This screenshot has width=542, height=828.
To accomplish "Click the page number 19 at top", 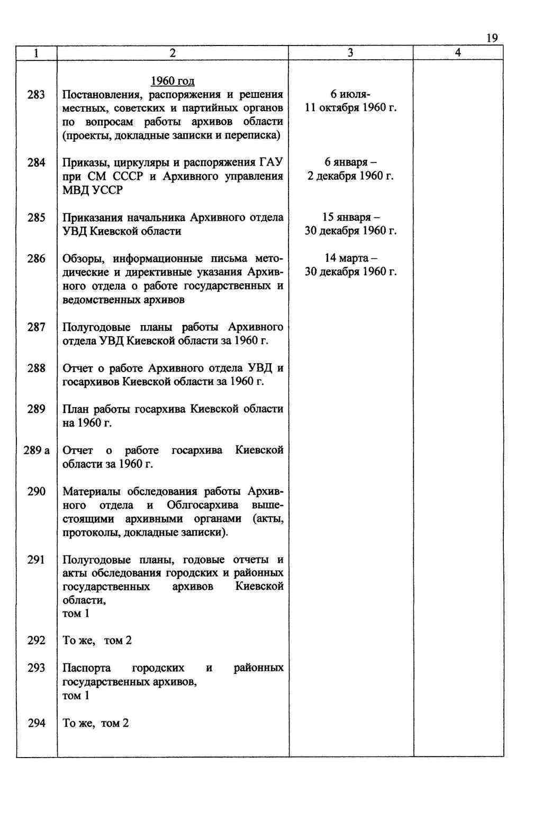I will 491,38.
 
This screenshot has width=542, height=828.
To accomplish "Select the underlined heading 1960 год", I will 173,81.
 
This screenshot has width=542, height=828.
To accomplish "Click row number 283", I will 36,95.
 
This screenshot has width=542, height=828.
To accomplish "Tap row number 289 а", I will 37,451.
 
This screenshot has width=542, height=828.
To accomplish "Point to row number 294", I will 36,723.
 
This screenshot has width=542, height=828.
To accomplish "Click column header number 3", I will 350,52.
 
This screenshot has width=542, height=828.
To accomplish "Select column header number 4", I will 458,52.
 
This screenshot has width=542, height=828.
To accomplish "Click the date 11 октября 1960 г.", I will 350,108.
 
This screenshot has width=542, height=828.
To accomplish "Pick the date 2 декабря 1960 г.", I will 350,176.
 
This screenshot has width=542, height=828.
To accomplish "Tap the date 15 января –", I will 350,217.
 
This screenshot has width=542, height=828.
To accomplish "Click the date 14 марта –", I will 350,258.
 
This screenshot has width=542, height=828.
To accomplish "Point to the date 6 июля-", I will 350,95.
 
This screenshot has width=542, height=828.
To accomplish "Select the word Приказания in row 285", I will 97,217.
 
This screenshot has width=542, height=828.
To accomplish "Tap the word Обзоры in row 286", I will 80,258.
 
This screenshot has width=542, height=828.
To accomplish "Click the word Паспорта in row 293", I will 86,668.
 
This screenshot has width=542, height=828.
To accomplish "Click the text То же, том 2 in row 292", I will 97,641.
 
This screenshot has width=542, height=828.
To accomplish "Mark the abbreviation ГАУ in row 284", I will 270,162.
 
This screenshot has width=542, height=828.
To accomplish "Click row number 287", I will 36,327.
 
